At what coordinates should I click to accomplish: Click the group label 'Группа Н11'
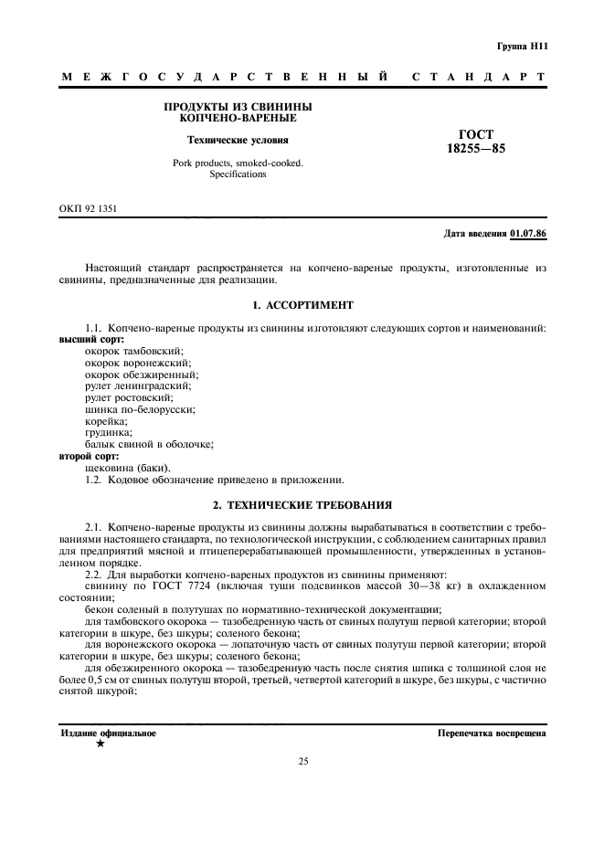(521, 46)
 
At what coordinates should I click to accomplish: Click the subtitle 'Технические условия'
(238, 141)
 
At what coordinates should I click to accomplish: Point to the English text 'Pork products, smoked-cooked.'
(238, 163)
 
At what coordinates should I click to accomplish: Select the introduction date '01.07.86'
(528, 234)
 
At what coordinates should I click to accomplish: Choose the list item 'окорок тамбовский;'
(133, 351)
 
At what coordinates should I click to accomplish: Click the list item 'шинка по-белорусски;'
(139, 409)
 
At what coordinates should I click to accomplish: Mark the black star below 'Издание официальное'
(100, 744)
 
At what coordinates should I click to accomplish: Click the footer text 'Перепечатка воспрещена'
(492, 734)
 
